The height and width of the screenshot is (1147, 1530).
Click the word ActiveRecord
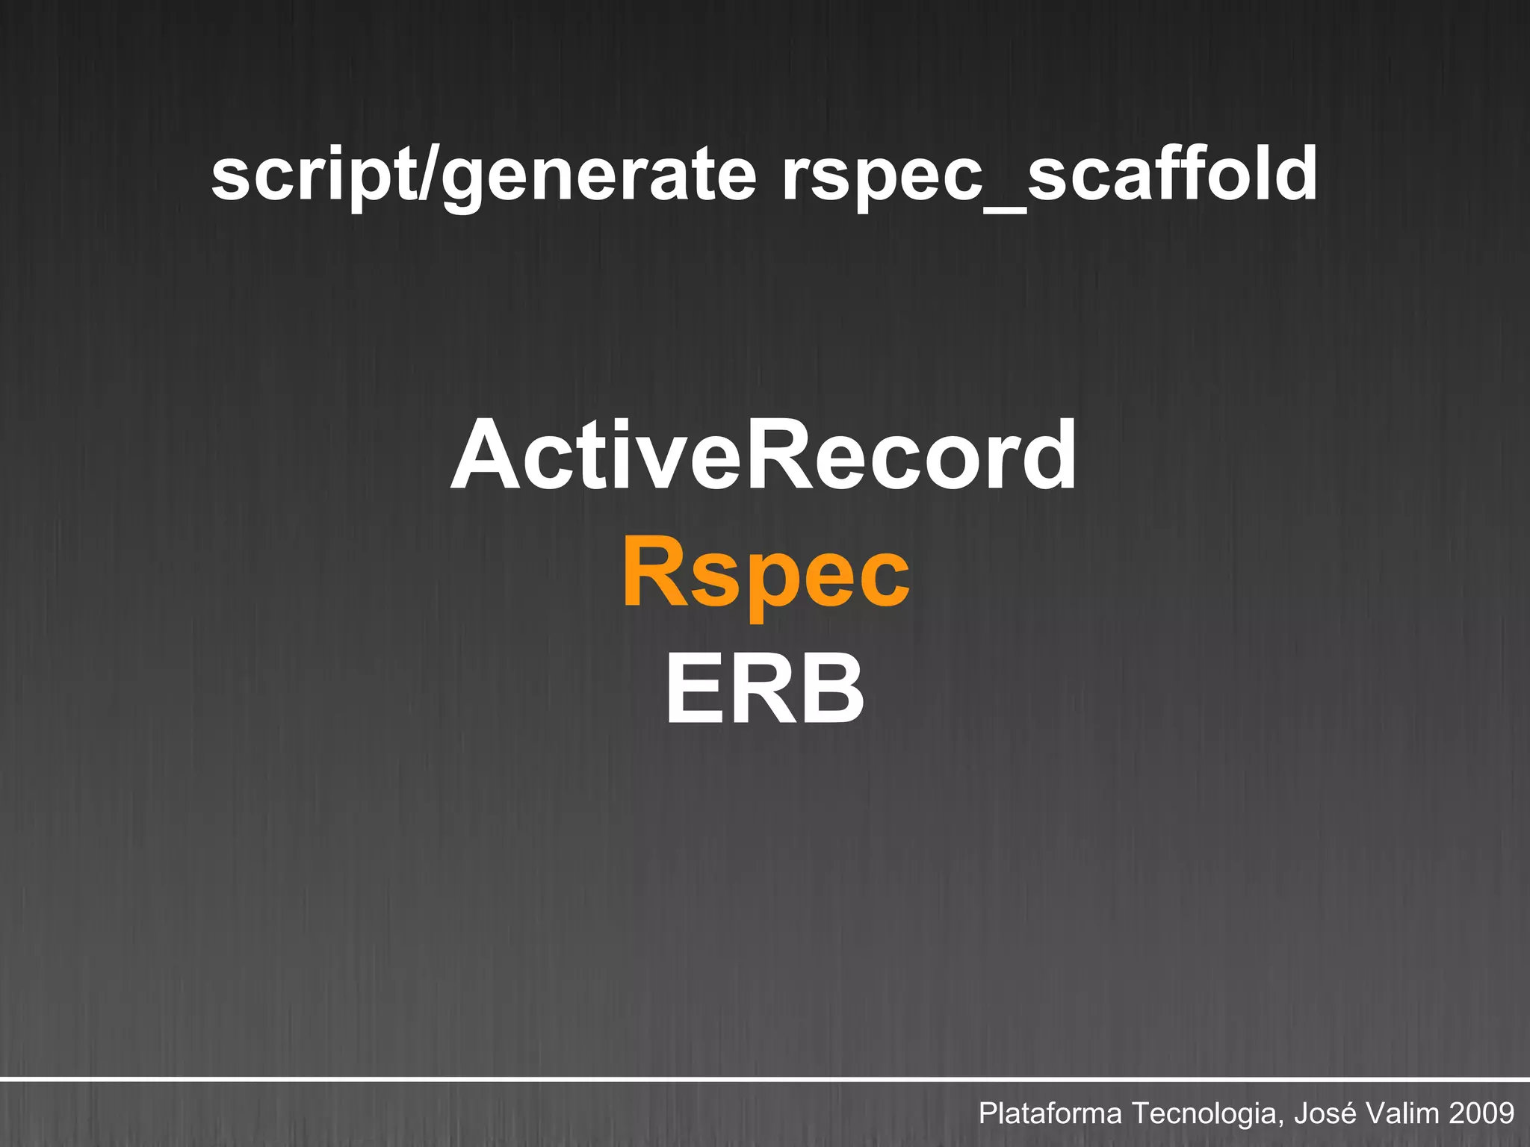pos(764,456)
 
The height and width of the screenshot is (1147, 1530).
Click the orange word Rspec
pos(765,575)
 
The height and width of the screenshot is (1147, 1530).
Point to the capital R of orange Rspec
pos(654,571)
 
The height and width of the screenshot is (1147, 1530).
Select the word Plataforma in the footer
pos(1050,1113)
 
